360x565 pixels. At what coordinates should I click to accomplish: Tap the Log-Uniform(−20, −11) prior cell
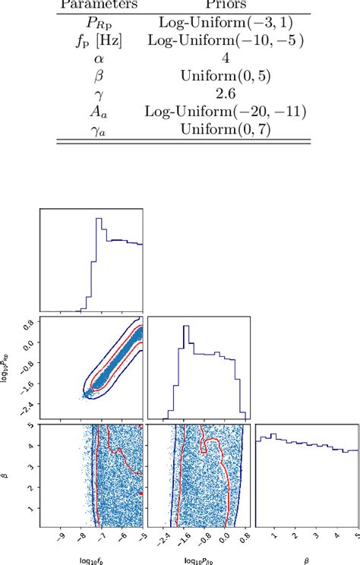(225, 112)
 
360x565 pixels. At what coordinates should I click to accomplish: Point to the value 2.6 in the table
(225, 94)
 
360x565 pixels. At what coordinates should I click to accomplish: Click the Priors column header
(225, 5)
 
